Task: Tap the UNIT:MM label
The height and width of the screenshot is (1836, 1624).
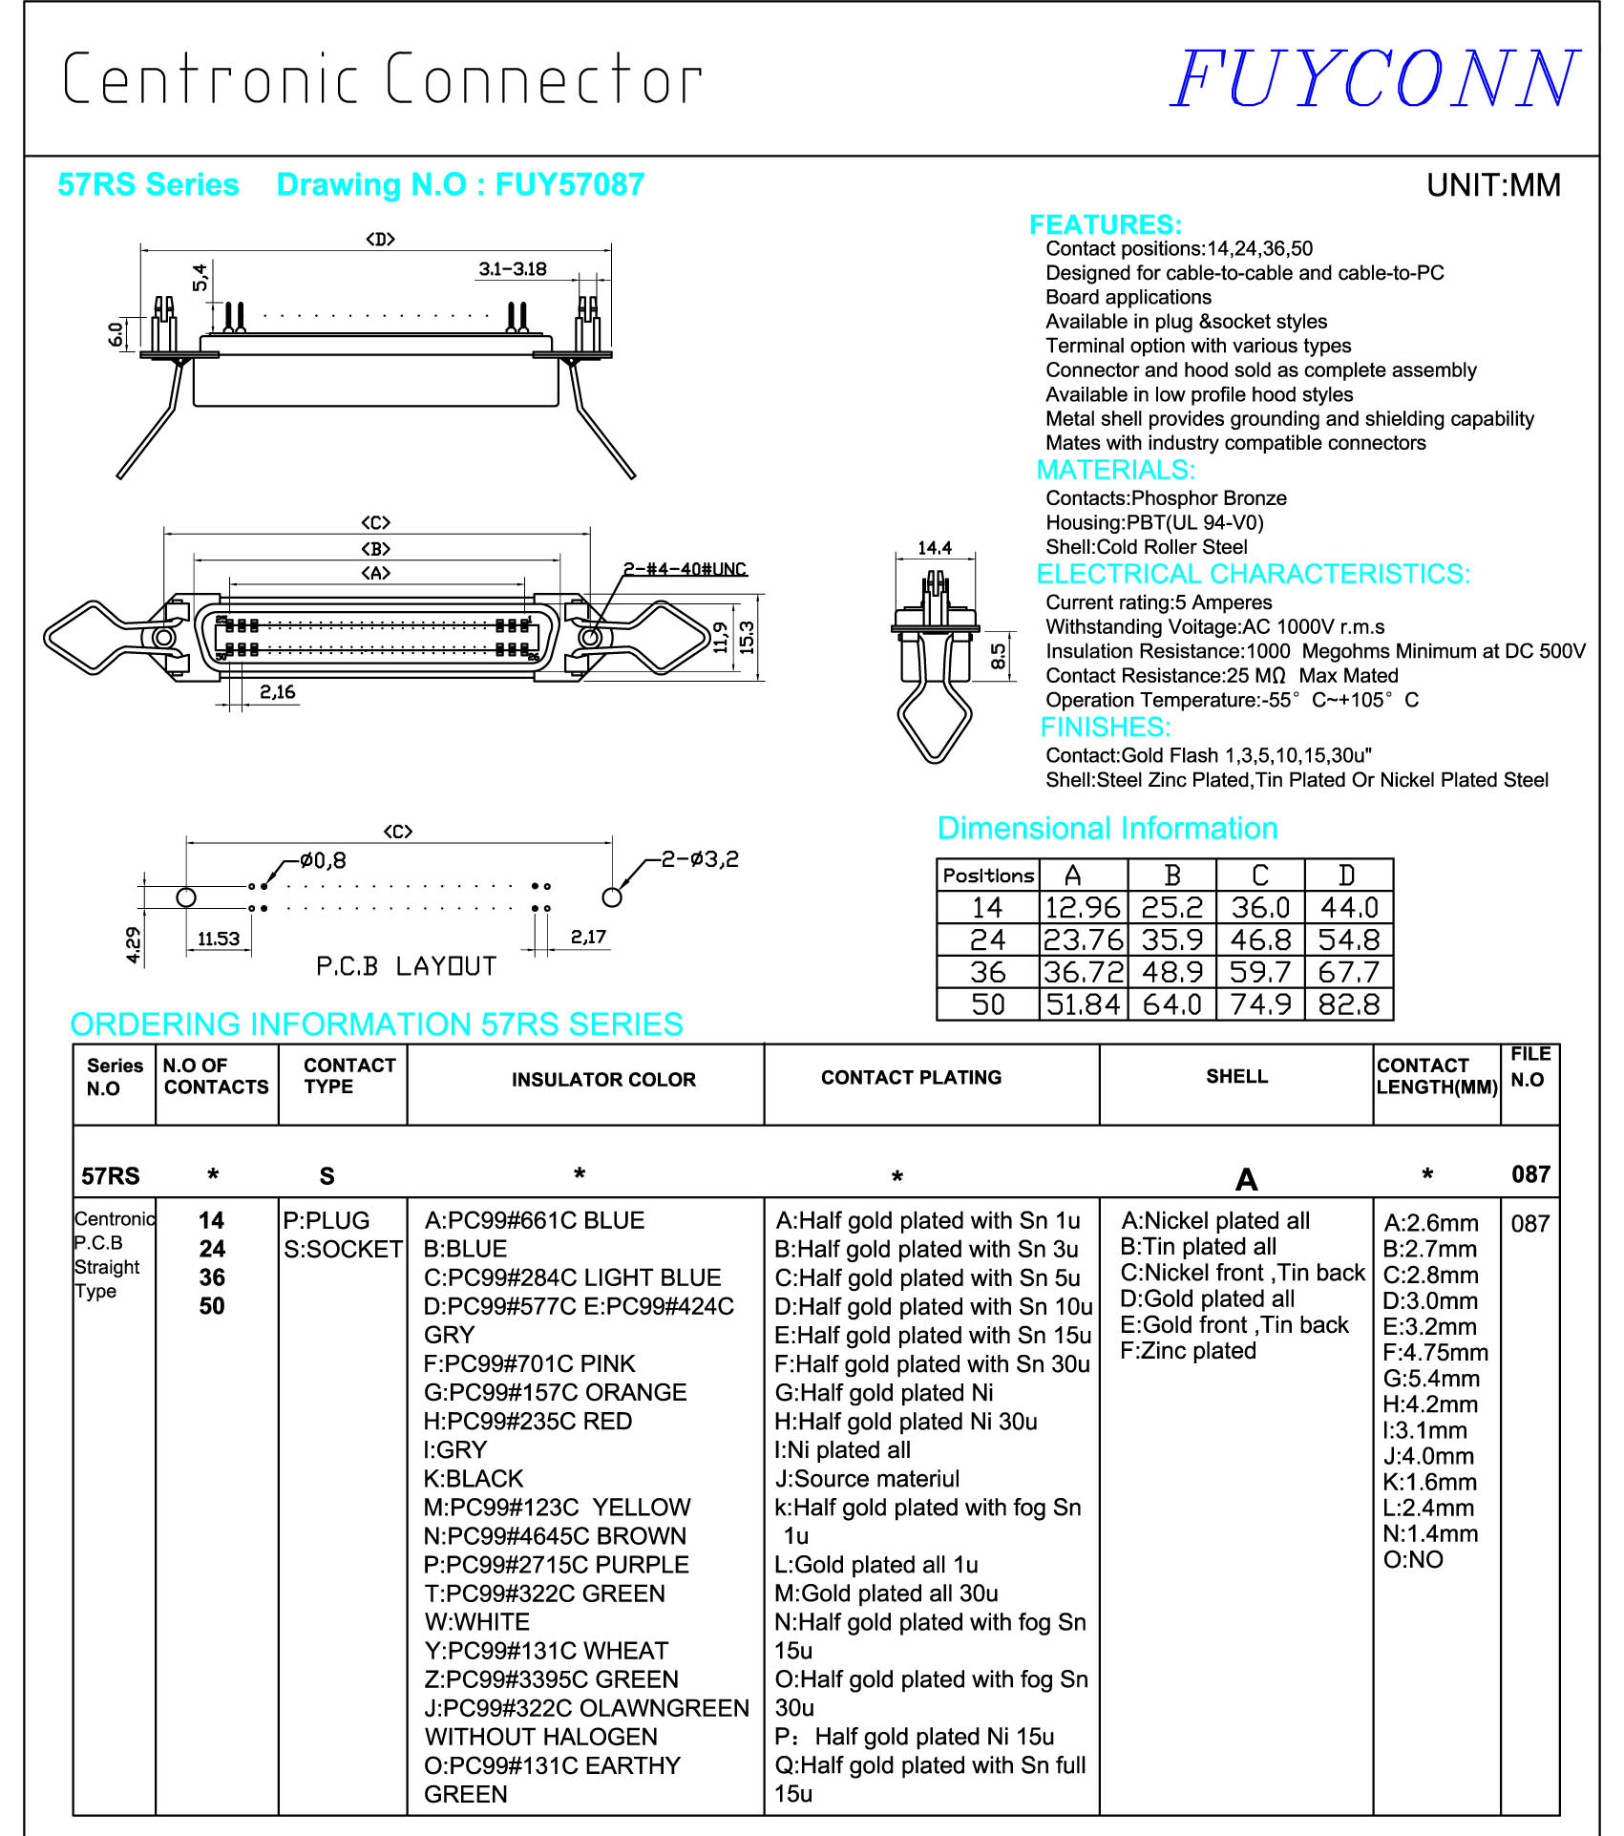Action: (x=1492, y=185)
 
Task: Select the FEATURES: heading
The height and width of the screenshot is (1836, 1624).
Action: (x=1105, y=224)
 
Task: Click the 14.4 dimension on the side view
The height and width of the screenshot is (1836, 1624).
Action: (x=934, y=548)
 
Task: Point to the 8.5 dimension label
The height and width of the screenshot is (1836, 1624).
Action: (x=998, y=656)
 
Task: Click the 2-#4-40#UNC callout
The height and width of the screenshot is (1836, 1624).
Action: (x=685, y=569)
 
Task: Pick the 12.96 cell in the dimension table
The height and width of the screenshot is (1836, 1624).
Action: (x=1083, y=907)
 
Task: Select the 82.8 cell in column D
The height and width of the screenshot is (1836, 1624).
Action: (x=1348, y=1004)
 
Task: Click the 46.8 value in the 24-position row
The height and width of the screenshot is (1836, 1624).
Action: (x=1260, y=940)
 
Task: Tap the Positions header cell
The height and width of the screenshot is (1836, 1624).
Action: (x=988, y=876)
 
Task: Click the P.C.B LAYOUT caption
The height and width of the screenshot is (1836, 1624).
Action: (x=406, y=966)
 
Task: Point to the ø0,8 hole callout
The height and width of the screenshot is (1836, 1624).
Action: (x=323, y=861)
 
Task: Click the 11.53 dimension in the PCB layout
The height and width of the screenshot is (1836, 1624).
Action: (x=219, y=939)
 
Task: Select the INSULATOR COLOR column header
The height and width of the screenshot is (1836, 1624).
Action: (x=603, y=1080)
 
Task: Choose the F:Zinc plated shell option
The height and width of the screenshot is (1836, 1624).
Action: (x=1188, y=1351)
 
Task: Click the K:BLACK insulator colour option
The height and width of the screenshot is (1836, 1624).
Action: (x=474, y=1479)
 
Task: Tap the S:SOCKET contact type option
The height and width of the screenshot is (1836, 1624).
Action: (x=343, y=1249)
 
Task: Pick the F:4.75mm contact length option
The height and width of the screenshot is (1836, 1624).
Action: (x=1435, y=1353)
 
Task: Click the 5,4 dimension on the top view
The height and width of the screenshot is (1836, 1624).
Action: (x=200, y=277)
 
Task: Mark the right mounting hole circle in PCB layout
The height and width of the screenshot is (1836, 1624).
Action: (x=612, y=897)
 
